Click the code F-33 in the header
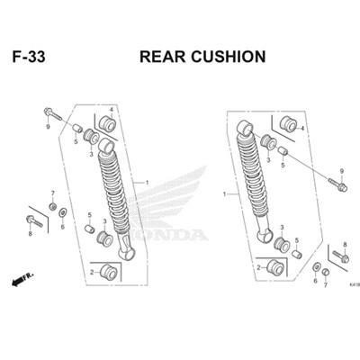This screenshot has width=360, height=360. (x=29, y=57)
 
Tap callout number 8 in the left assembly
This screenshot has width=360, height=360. (x=29, y=234)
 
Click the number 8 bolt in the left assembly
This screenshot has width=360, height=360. (x=32, y=220)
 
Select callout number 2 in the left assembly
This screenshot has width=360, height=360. (x=92, y=272)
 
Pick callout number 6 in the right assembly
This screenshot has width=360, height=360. (x=315, y=281)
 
